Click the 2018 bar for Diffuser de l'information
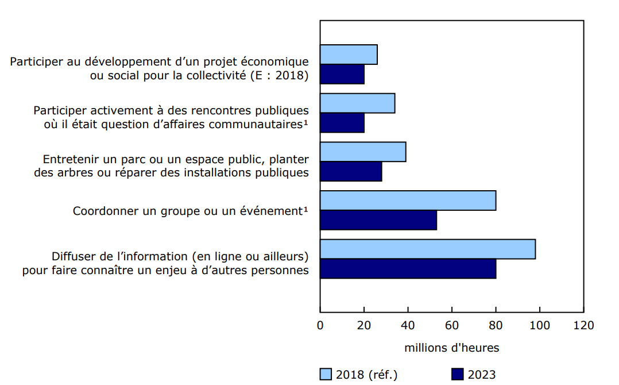tap(428, 249)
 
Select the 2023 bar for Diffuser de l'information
tap(408, 269)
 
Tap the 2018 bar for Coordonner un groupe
tap(408, 201)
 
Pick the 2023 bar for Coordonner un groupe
tap(378, 220)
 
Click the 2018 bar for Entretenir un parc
tap(363, 152)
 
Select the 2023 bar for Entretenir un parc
tap(351, 171)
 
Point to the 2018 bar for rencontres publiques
tap(357, 103)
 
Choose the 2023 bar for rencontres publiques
tap(342, 122)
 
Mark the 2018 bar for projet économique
tap(349, 55)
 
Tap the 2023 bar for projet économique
tap(342, 74)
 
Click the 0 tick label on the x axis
tap(320, 326)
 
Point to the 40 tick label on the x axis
tap(408, 326)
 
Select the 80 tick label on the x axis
tap(496, 326)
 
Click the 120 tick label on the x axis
tap(583, 326)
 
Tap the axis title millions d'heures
tap(451, 348)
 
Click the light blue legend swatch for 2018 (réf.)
tap(326, 375)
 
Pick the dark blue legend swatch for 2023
tap(458, 375)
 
